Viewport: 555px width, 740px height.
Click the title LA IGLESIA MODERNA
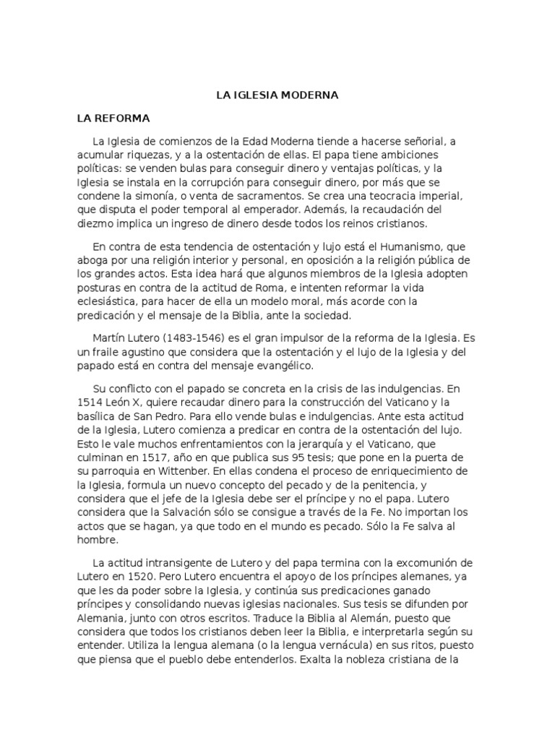point(277,95)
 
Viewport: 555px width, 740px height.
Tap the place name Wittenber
point(181,471)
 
